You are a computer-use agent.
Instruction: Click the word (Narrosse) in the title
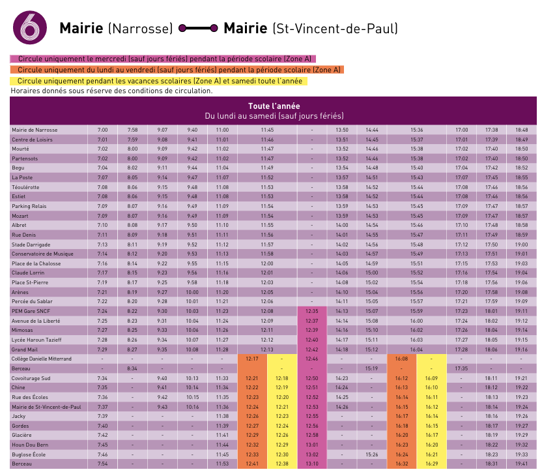(x=140, y=29)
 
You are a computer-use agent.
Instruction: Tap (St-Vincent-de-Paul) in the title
(x=335, y=29)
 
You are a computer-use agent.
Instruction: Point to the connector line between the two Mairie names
(x=198, y=29)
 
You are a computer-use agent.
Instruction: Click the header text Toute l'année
(x=274, y=106)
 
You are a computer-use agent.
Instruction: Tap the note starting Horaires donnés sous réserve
(x=111, y=91)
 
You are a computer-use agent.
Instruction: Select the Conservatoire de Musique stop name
(x=41, y=253)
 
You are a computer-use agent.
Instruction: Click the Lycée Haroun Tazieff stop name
(x=36, y=340)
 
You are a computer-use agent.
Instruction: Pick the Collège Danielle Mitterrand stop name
(x=41, y=359)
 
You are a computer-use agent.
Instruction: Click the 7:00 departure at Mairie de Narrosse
(x=102, y=130)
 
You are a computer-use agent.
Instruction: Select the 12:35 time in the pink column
(x=312, y=311)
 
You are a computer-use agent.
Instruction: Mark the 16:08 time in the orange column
(x=401, y=359)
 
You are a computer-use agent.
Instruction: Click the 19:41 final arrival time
(x=521, y=464)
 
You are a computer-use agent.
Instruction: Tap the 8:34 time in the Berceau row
(x=133, y=368)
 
